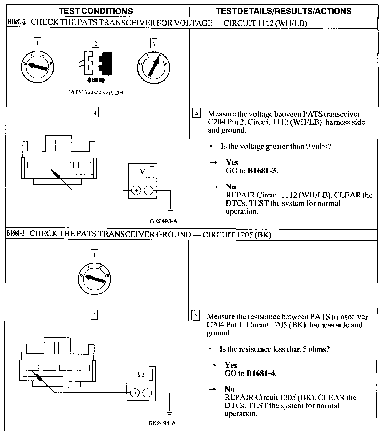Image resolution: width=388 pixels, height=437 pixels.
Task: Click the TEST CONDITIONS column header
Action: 96,11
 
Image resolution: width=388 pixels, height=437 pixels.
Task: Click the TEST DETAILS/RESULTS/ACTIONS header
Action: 284,11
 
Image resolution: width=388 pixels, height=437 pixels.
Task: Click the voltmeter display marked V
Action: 143,172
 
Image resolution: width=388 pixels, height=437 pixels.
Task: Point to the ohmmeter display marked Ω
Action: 141,374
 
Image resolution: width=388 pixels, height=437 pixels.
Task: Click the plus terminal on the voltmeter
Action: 136,191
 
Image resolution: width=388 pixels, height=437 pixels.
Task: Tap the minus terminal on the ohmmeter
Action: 147,393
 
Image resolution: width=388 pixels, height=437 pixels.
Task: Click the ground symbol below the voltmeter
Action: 171,210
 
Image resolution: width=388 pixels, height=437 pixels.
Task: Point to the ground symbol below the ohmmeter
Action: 169,412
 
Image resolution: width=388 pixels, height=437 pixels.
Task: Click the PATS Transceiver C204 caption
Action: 95,92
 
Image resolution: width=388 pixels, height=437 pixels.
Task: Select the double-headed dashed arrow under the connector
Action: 96,80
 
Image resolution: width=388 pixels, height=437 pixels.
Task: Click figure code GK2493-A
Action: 164,221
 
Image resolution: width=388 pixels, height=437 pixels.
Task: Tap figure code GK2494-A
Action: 162,423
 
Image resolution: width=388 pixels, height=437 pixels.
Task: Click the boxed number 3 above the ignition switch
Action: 153,44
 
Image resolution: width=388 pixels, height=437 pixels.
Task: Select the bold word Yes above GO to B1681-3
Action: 232,162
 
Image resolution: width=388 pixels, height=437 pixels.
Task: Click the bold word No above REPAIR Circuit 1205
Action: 230,389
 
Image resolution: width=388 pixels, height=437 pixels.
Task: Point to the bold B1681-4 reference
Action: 261,373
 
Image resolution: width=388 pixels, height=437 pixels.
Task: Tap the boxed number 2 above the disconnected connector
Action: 95,43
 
